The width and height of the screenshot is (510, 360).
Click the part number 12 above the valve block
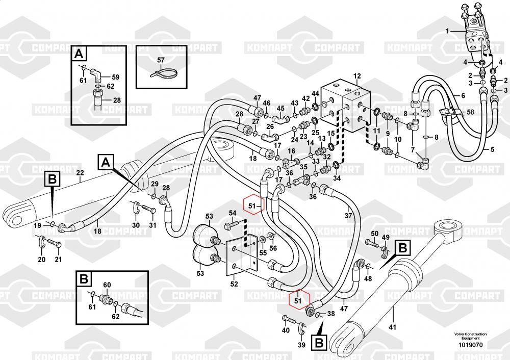(356, 76)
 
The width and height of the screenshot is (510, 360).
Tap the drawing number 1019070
(471, 345)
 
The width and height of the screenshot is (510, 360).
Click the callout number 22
(80, 173)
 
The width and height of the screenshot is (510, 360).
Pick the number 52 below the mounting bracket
(234, 284)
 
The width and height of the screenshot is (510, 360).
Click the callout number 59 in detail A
(115, 77)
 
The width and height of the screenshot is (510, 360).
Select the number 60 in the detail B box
(107, 285)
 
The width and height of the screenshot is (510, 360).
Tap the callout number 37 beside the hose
(348, 215)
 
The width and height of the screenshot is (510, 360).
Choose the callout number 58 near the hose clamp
(470, 112)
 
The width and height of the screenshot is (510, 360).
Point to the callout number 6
(463, 95)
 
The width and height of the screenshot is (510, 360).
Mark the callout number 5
(492, 149)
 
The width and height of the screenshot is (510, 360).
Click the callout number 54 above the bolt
(232, 213)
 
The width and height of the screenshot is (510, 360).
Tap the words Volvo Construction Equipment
(471, 337)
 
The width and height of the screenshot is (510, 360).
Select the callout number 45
(280, 108)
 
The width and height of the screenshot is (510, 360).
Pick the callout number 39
(301, 345)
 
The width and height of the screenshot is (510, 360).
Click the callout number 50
(374, 233)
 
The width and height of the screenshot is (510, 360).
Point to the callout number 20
(42, 260)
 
